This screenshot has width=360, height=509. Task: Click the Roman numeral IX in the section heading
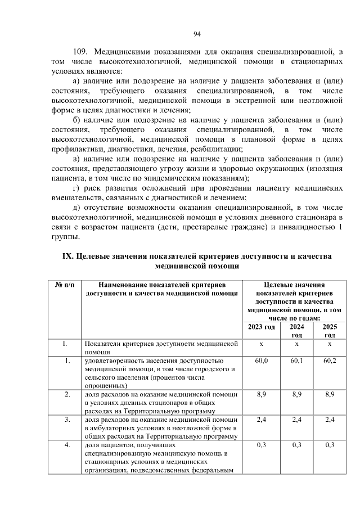67,256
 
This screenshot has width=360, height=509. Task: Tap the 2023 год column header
262,327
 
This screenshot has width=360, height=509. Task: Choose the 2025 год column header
330,331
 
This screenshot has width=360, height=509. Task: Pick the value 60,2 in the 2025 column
330,360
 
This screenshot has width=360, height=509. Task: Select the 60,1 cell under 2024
296,360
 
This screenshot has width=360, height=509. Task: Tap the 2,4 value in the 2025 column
330,420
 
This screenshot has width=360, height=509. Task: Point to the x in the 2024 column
296,343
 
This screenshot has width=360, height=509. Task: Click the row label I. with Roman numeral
65,343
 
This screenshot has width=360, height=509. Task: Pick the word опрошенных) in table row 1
105,386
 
